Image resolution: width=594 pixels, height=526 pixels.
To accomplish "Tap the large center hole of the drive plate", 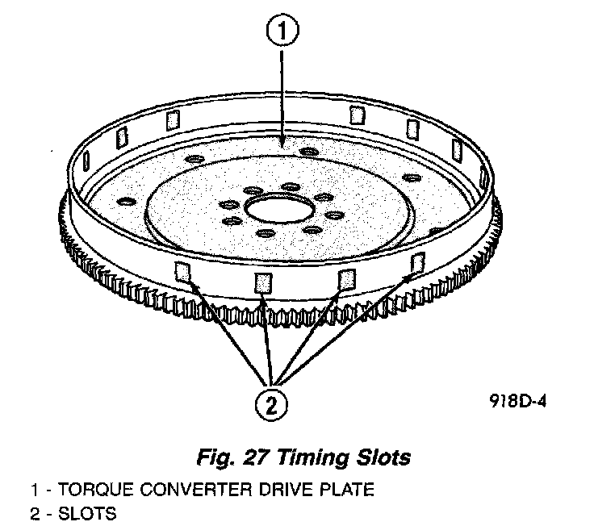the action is (274, 208).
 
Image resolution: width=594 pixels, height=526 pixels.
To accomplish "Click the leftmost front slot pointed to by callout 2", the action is (183, 272).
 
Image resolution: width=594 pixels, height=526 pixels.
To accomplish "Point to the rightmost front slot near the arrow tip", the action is (417, 262).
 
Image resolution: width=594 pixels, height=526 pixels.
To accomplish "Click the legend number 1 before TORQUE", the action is (34, 489).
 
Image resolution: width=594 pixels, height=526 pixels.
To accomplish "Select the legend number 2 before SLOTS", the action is (34, 512).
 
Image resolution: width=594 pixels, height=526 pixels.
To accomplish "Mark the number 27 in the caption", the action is (254, 458).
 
